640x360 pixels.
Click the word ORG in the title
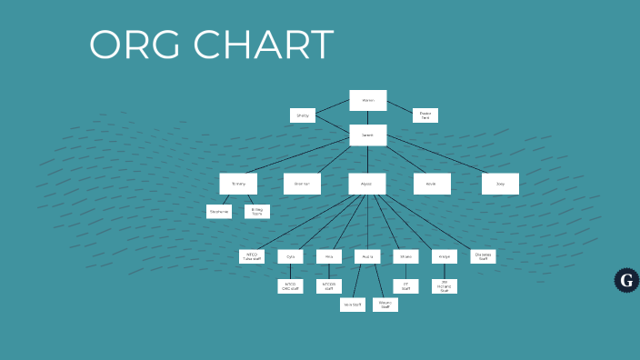(x=134, y=45)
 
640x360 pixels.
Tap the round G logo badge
(x=625, y=280)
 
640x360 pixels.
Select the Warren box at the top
(x=368, y=100)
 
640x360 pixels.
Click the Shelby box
(x=303, y=115)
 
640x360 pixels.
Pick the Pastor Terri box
(x=425, y=115)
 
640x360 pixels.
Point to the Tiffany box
(x=238, y=184)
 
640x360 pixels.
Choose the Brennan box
(x=302, y=184)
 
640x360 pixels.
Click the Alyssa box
(x=367, y=184)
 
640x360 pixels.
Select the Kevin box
(x=432, y=184)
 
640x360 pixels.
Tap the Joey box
(x=500, y=184)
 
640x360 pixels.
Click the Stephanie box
(x=219, y=212)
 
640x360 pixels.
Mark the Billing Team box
(x=257, y=212)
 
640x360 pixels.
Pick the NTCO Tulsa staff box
(x=252, y=257)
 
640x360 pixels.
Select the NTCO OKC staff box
(x=290, y=286)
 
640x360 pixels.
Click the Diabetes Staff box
(x=483, y=257)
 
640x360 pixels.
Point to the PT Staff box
(x=406, y=286)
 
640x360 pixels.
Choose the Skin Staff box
(x=353, y=305)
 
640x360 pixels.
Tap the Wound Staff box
(x=385, y=305)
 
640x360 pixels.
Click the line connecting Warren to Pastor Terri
(x=400, y=107)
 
